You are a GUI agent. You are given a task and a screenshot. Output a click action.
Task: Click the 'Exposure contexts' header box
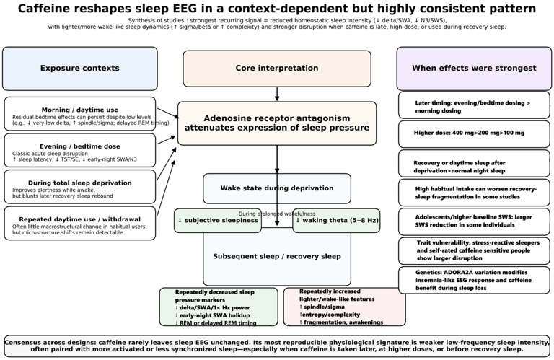80,69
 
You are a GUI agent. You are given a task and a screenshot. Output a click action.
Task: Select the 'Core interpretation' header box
277,69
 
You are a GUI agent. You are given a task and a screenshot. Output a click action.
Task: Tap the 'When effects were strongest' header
474,69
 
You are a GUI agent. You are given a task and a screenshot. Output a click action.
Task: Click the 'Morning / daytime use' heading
80,110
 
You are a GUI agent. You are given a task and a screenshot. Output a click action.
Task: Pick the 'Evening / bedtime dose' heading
80,146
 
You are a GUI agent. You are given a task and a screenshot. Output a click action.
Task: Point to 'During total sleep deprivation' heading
80,183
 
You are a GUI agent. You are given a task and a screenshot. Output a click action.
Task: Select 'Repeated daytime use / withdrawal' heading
80,219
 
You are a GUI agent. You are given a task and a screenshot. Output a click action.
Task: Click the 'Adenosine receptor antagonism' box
277,123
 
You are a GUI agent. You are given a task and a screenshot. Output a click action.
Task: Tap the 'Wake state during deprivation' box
277,188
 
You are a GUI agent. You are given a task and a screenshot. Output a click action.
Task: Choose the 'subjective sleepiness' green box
218,221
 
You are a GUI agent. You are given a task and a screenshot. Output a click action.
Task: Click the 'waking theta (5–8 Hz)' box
336,221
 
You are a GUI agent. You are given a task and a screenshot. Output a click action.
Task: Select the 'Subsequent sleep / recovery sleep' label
277,257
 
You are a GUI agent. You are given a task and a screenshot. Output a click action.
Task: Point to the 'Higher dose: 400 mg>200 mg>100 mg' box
474,134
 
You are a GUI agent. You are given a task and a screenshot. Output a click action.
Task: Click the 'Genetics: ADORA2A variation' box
474,280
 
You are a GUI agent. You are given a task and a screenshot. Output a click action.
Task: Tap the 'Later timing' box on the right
474,105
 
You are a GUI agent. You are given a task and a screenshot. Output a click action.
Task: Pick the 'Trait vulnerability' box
474,251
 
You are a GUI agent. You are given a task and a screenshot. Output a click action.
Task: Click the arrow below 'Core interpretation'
277,94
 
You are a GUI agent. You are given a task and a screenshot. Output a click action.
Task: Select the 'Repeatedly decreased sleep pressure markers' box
219,307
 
